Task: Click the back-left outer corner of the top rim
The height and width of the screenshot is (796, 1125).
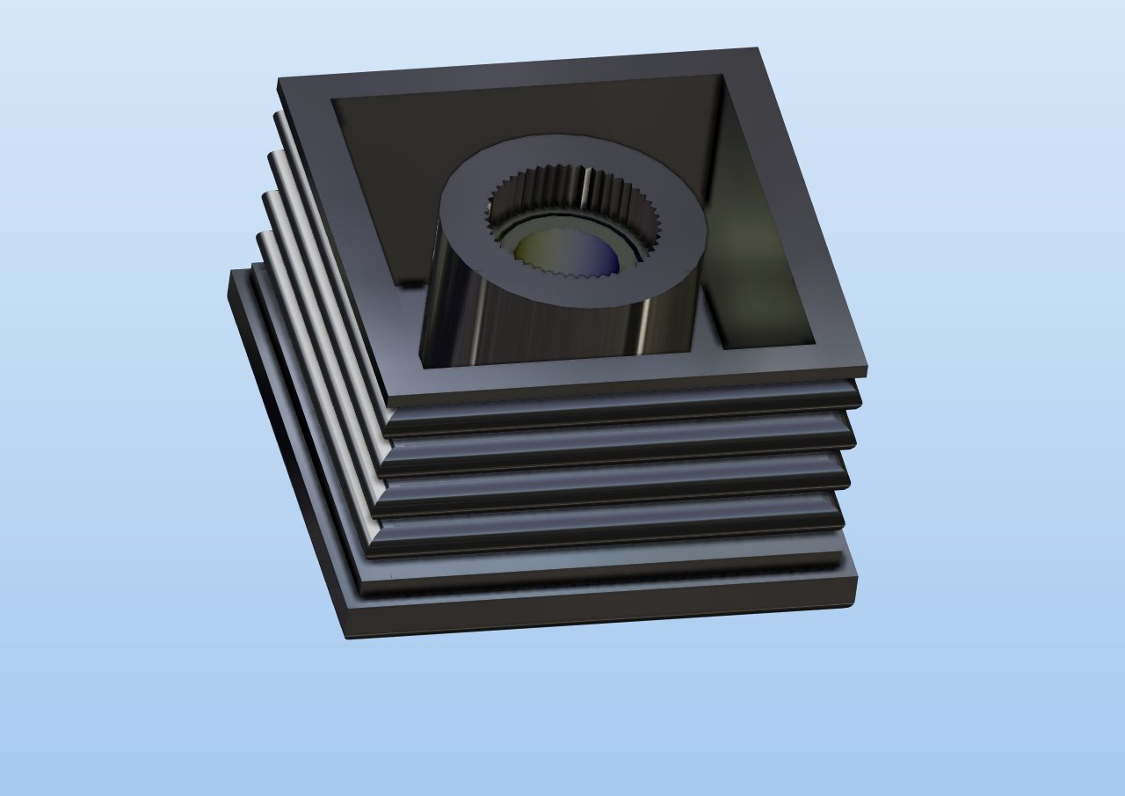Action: tap(280, 82)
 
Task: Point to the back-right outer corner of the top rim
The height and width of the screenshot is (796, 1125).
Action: tap(756, 50)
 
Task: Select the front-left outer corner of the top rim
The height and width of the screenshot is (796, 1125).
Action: tap(389, 401)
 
